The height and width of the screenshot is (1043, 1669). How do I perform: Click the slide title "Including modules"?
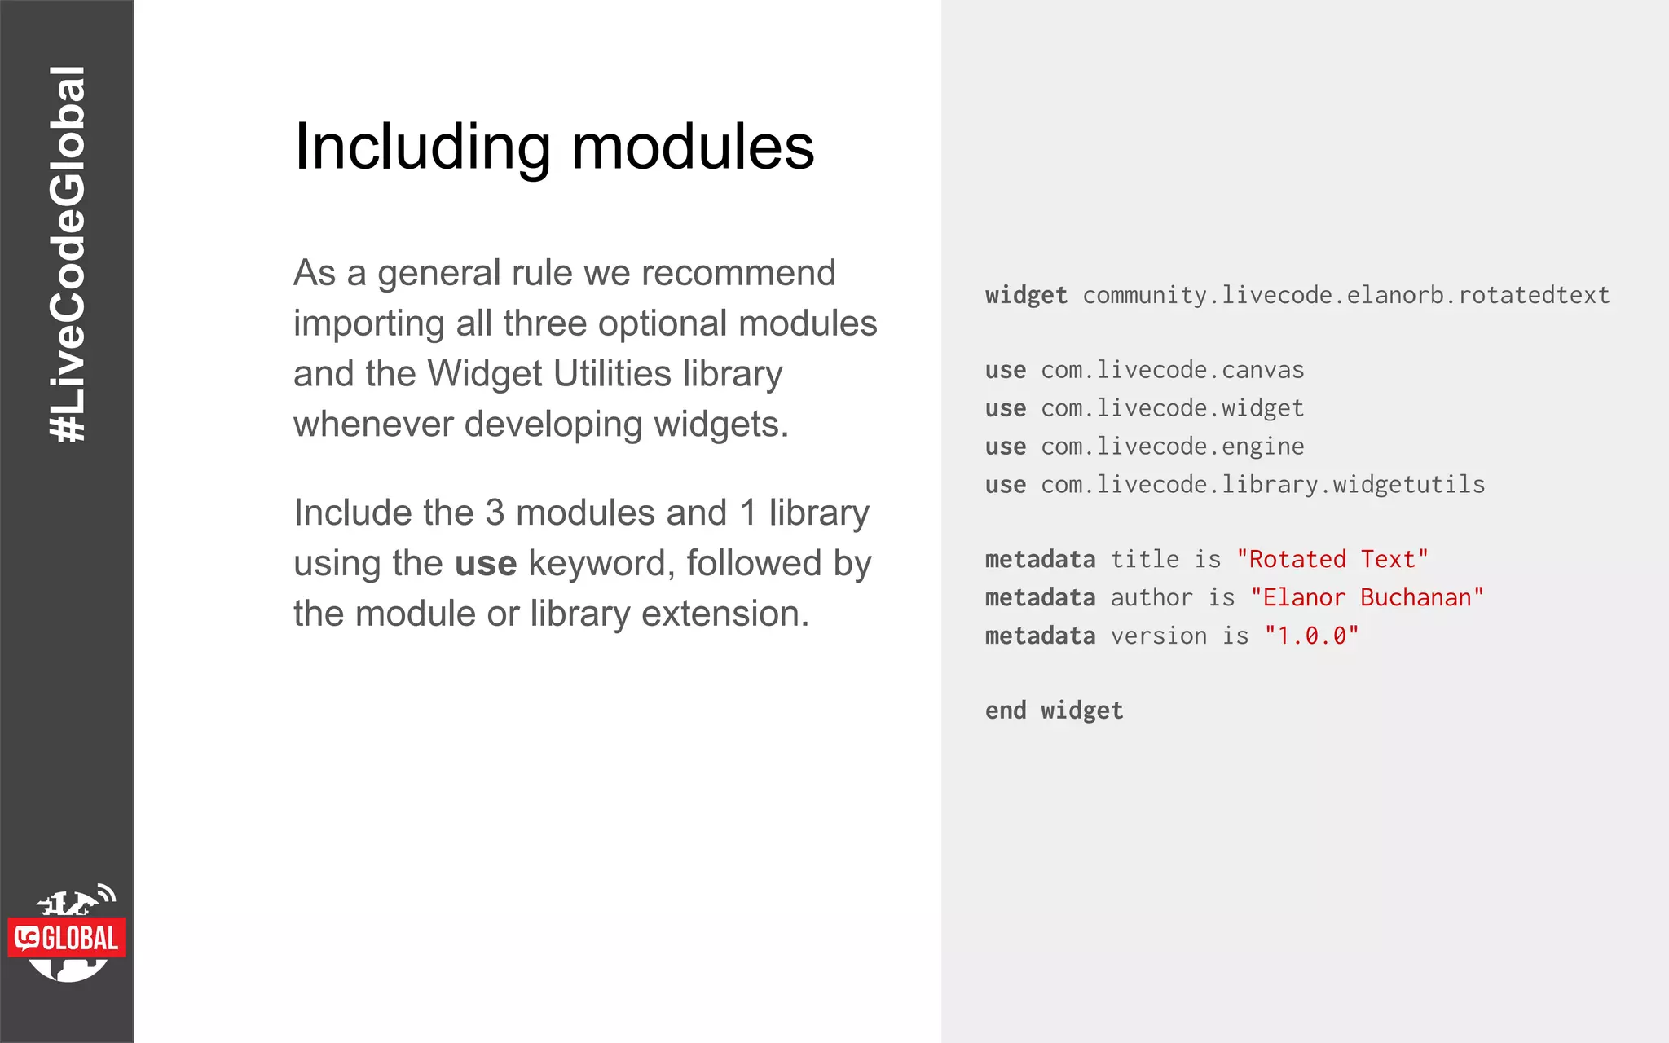pyautogui.click(x=554, y=147)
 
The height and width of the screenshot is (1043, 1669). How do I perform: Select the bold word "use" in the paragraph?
pyautogui.click(x=486, y=564)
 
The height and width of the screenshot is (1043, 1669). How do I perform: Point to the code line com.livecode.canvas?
pyautogui.click(x=1172, y=370)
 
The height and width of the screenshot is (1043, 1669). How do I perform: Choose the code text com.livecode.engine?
pyautogui.click(x=1172, y=447)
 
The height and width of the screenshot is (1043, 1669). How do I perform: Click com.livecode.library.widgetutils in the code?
pyautogui.click(x=1262, y=485)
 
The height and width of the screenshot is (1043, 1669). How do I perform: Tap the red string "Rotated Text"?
pyautogui.click(x=1332, y=560)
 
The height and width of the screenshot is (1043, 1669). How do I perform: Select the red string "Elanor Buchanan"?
pyautogui.click(x=1367, y=598)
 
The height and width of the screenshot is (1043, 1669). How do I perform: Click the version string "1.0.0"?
pyautogui.click(x=1311, y=636)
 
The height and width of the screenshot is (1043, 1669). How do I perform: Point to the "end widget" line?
pyautogui.click(x=1054, y=711)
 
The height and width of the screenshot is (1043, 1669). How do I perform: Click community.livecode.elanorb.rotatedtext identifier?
pyautogui.click(x=1345, y=295)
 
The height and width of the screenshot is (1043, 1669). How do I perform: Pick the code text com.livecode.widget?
pyautogui.click(x=1172, y=408)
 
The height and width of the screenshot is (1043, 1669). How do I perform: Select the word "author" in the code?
pyautogui.click(x=1152, y=598)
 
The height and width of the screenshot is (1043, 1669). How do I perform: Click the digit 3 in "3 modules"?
pyautogui.click(x=495, y=513)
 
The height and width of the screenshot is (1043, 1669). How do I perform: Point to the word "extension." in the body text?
pyautogui.click(x=724, y=614)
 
